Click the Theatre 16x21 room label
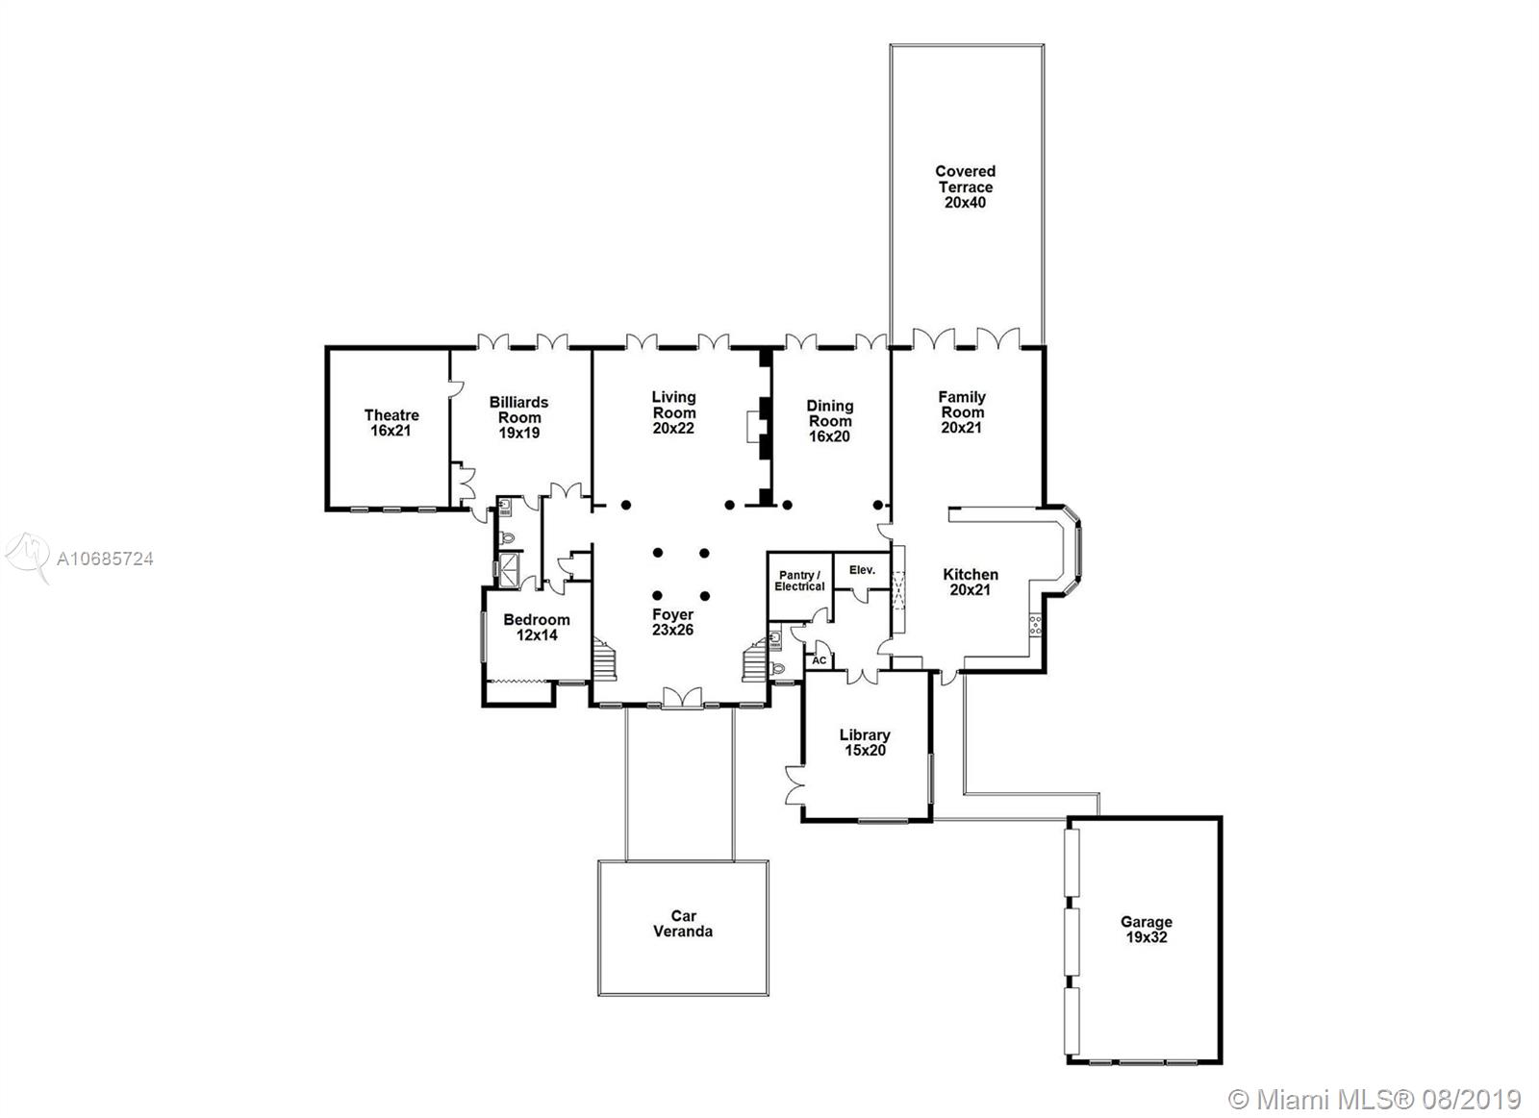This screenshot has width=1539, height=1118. (x=391, y=423)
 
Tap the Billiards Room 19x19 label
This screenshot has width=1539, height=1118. (x=518, y=417)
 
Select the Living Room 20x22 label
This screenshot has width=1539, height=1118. (x=673, y=412)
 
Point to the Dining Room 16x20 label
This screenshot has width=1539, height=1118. (x=830, y=421)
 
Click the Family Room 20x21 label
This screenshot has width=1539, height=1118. (x=962, y=412)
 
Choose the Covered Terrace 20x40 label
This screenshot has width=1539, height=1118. (x=966, y=186)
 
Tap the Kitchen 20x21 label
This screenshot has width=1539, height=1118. (x=971, y=582)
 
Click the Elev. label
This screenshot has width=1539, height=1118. (x=862, y=570)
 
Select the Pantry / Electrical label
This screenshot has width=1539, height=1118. (x=799, y=581)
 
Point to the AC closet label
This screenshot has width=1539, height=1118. (x=819, y=660)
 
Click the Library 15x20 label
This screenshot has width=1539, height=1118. (x=865, y=742)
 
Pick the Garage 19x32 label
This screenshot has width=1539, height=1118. (x=1146, y=930)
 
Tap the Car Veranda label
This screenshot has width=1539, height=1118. (x=683, y=924)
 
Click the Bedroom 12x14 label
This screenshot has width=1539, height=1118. (x=537, y=628)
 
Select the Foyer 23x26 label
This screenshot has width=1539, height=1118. (x=672, y=622)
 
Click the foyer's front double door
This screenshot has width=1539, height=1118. (x=682, y=698)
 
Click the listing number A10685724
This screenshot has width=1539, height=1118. (x=105, y=559)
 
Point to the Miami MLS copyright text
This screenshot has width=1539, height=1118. (x=1375, y=1081)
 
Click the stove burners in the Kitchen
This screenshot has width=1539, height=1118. (x=1035, y=626)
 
